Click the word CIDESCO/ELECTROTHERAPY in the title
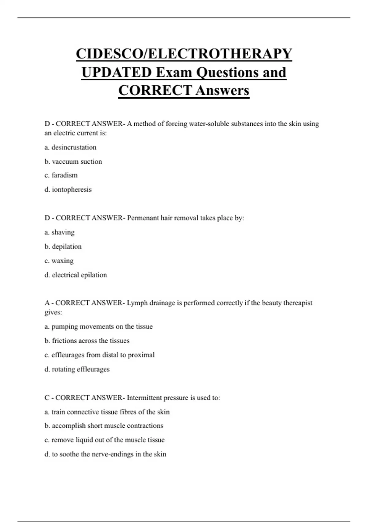tap(184, 54)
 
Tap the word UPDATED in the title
tap(117, 72)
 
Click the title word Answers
tap(222, 91)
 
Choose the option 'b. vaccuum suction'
tap(73, 162)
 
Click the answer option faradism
tap(61, 175)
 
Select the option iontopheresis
tap(68, 189)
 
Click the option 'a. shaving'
tap(59, 232)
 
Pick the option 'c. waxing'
tap(59, 261)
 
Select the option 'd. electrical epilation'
tap(76, 275)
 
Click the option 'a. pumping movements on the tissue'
tap(98, 326)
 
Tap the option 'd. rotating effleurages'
tap(77, 369)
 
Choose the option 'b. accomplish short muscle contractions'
tap(104, 426)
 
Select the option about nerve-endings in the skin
tap(105, 454)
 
